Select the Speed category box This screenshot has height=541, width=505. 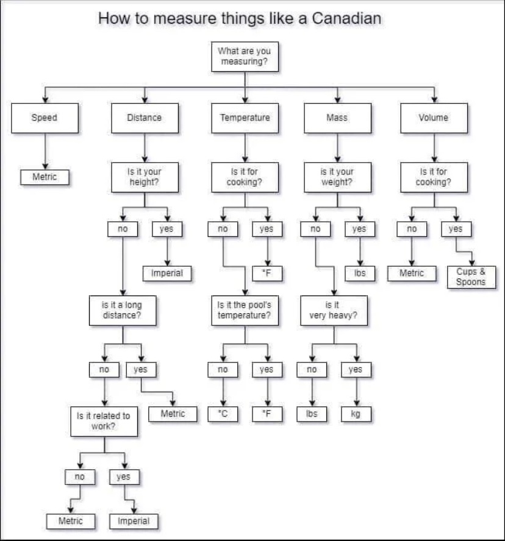click(45, 118)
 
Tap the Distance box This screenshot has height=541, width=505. click(145, 118)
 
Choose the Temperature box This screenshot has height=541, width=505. click(245, 118)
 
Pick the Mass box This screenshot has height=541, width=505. click(337, 118)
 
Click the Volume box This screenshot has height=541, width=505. click(434, 118)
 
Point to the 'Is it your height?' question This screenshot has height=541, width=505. click(145, 177)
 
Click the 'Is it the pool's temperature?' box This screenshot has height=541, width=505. click(245, 311)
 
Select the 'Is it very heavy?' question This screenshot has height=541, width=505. click(334, 311)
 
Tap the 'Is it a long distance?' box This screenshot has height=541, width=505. click(123, 311)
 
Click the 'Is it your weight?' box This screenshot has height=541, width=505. click(337, 177)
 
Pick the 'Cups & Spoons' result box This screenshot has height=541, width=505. click(471, 277)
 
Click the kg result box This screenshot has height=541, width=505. click(356, 414)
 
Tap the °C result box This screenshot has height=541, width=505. click(223, 414)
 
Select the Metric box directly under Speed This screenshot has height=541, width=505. click(45, 177)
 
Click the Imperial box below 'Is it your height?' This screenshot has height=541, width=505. click(167, 274)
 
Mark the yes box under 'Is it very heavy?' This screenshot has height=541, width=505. click(356, 370)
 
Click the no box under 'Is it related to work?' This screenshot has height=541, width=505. click(80, 477)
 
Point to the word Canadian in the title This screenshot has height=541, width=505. click(346, 18)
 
